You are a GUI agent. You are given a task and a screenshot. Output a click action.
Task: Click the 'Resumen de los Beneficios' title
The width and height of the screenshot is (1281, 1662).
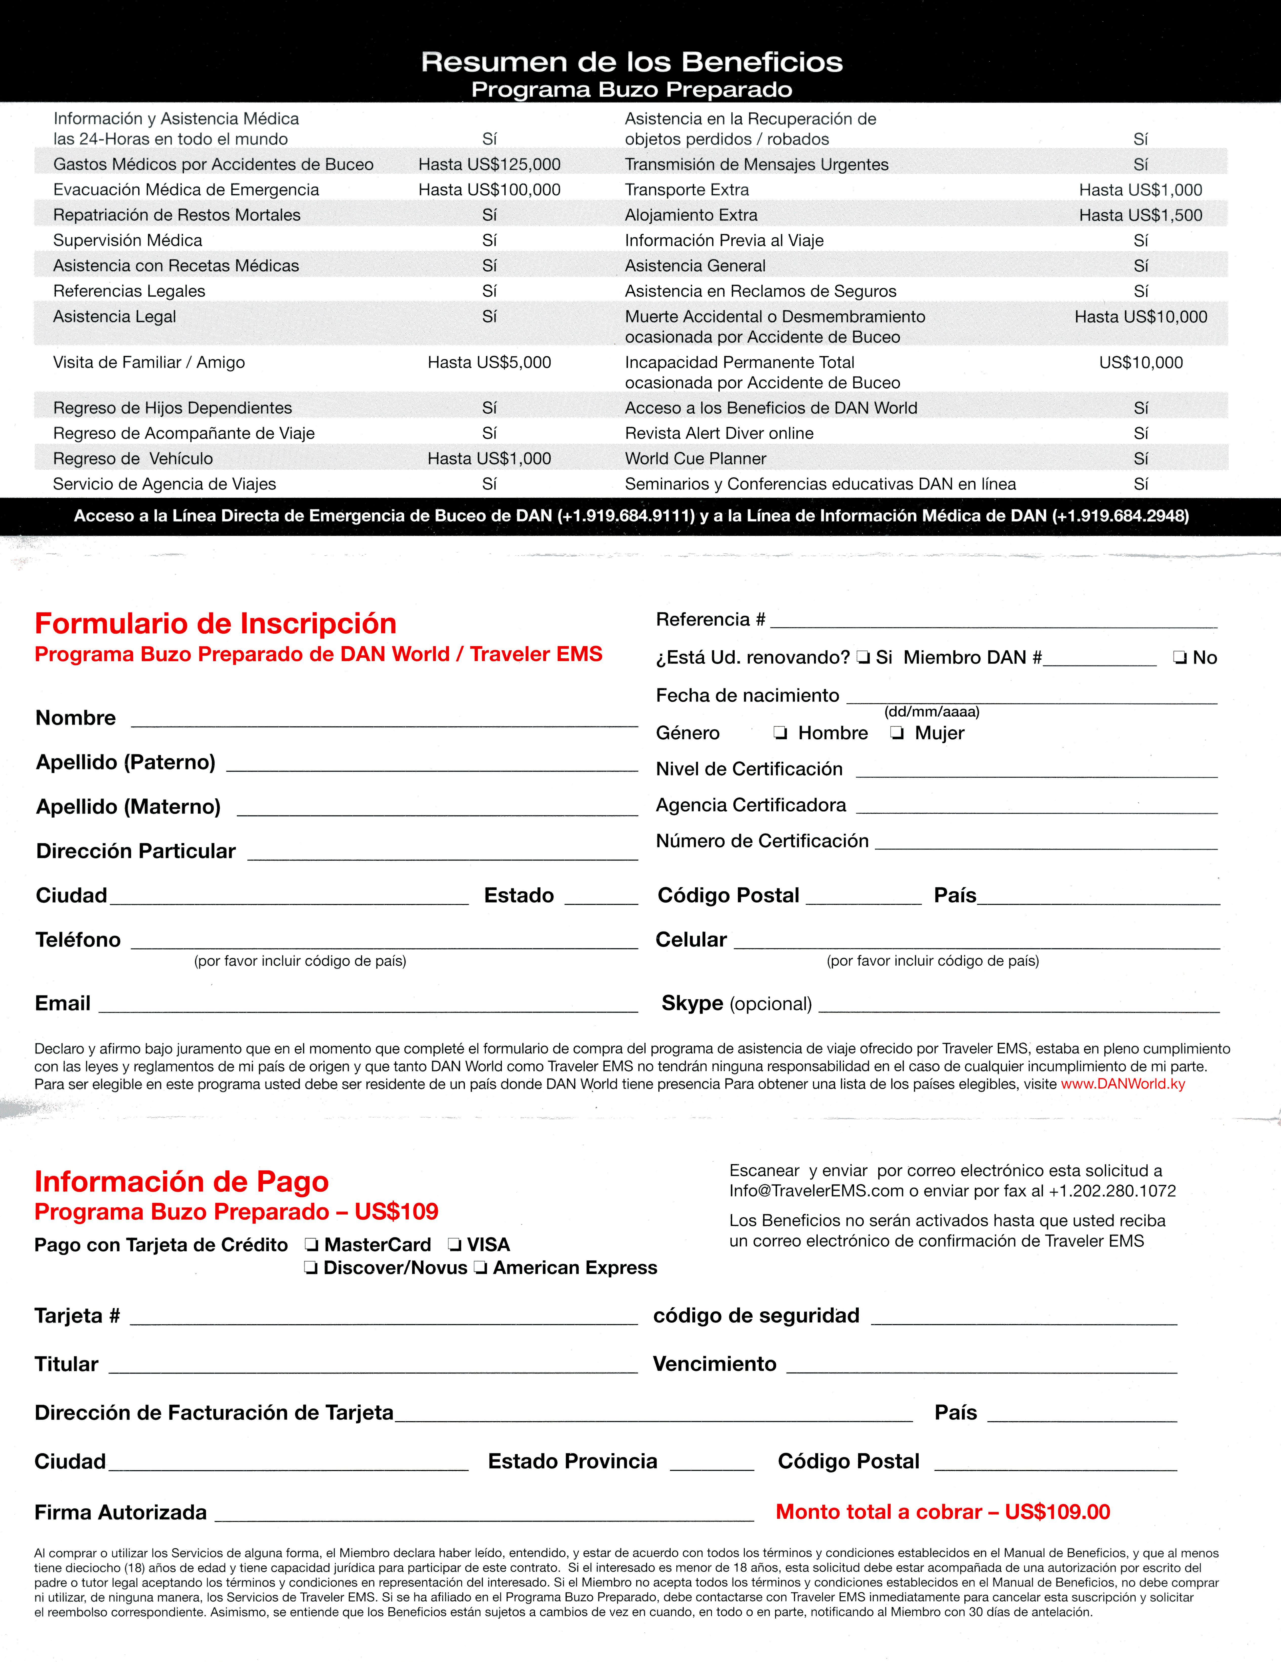click(631, 62)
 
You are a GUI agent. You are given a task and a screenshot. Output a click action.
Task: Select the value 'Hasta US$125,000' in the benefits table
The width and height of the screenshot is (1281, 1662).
click(489, 164)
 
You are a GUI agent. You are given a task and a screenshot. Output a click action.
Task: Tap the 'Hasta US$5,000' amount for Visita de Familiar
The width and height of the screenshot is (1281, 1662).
click(489, 362)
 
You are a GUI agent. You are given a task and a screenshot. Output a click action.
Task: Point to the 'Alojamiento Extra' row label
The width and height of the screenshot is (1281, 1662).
click(691, 215)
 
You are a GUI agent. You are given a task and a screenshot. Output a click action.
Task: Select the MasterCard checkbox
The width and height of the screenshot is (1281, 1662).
click(310, 1245)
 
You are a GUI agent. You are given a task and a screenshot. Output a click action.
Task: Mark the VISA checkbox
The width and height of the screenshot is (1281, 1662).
click(454, 1245)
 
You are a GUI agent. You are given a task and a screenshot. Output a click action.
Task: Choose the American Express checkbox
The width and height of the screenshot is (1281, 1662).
click(481, 1268)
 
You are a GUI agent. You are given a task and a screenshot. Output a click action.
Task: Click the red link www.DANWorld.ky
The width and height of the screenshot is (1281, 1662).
click(1123, 1084)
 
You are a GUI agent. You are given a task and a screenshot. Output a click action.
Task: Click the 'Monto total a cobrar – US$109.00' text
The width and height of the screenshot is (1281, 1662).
click(942, 1512)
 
